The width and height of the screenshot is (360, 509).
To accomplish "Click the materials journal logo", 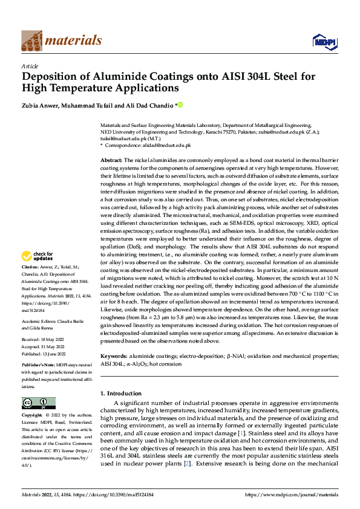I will click(x=61, y=41).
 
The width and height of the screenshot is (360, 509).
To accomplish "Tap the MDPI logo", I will click(x=323, y=41).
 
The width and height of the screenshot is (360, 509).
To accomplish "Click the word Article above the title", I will click(x=30, y=66).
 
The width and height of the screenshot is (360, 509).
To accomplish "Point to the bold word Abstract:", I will click(x=111, y=158).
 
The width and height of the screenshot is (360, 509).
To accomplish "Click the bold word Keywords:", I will click(x=113, y=357).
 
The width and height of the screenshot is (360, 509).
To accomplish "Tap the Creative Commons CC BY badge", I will click(x=38, y=403).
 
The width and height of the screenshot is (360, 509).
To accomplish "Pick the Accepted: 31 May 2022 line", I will click(x=42, y=346).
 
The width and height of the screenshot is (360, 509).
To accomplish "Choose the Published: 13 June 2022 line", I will click(x=44, y=353).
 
